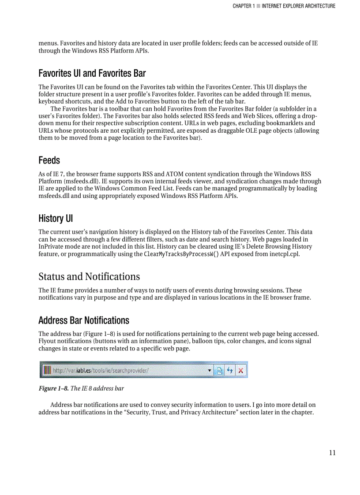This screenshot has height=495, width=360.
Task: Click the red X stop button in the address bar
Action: point(241,370)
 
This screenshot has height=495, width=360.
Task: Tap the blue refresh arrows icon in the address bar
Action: point(230,370)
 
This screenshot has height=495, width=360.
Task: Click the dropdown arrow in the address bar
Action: point(210,370)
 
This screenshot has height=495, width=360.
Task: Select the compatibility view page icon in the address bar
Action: point(219,370)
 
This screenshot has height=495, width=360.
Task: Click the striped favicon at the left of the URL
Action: point(47,370)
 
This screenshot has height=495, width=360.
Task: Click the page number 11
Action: point(332,453)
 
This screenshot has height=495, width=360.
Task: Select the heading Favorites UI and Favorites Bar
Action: point(92,73)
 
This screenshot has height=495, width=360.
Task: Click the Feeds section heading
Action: point(49,160)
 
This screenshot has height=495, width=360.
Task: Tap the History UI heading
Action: point(56,218)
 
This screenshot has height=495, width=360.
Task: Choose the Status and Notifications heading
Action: point(89,276)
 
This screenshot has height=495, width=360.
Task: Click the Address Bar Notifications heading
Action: point(83,320)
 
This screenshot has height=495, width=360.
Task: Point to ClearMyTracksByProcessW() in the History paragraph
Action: point(181,254)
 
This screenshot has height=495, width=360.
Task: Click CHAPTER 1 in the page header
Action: point(244,6)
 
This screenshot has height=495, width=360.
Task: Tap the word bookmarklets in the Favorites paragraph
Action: point(296,123)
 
